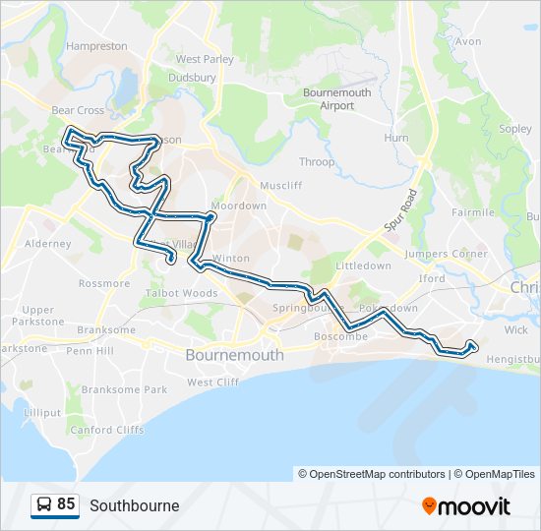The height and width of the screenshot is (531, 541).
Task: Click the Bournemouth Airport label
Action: [336, 98]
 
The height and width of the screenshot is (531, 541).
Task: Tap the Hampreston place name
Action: [96, 46]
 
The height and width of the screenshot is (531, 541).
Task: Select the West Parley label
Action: [205, 59]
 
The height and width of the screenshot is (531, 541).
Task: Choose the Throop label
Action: [317, 161]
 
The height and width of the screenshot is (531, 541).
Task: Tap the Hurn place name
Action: [395, 138]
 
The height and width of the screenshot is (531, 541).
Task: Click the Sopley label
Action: [515, 129]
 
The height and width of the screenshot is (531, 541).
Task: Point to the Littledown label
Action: [363, 265]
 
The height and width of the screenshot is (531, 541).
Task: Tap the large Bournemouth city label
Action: [235, 354]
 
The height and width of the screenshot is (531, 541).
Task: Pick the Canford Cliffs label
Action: [107, 430]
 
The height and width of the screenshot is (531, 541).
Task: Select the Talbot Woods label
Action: [182, 293]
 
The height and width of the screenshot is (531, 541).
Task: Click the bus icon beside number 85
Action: [43, 504]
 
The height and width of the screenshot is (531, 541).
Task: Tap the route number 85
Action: [66, 504]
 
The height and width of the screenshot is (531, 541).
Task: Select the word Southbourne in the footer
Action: [134, 505]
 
